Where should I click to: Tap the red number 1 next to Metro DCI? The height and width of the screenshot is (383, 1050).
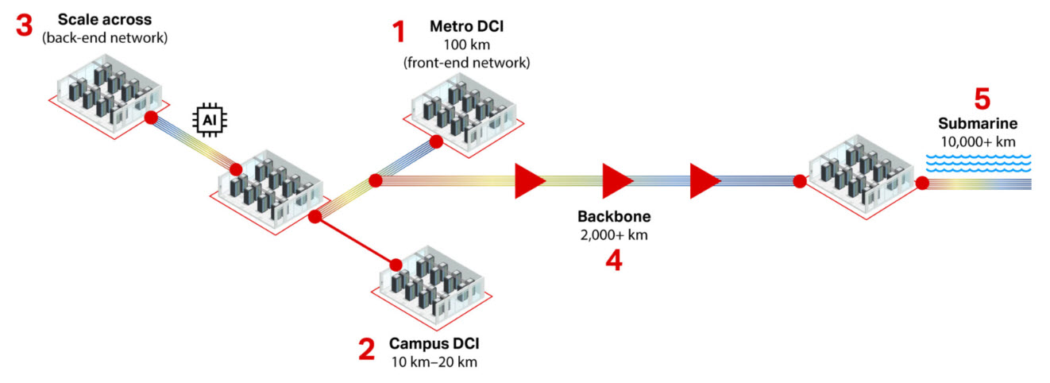pos(398,33)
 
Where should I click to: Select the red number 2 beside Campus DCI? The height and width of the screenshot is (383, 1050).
pos(367,349)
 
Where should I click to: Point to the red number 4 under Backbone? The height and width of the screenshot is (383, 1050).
pos(612,261)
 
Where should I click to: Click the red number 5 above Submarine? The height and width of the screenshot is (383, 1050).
pos(982,99)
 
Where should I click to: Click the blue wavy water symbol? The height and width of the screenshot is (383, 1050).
pos(978,163)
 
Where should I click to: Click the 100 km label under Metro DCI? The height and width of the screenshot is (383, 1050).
pos(466,44)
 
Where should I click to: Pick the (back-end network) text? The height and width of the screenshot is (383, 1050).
pos(106,36)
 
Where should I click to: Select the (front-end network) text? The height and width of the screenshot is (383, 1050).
pos(466,62)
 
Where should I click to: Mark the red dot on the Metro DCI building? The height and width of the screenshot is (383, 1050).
pos(435,141)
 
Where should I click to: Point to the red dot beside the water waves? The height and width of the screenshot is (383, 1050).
pos(922,184)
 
